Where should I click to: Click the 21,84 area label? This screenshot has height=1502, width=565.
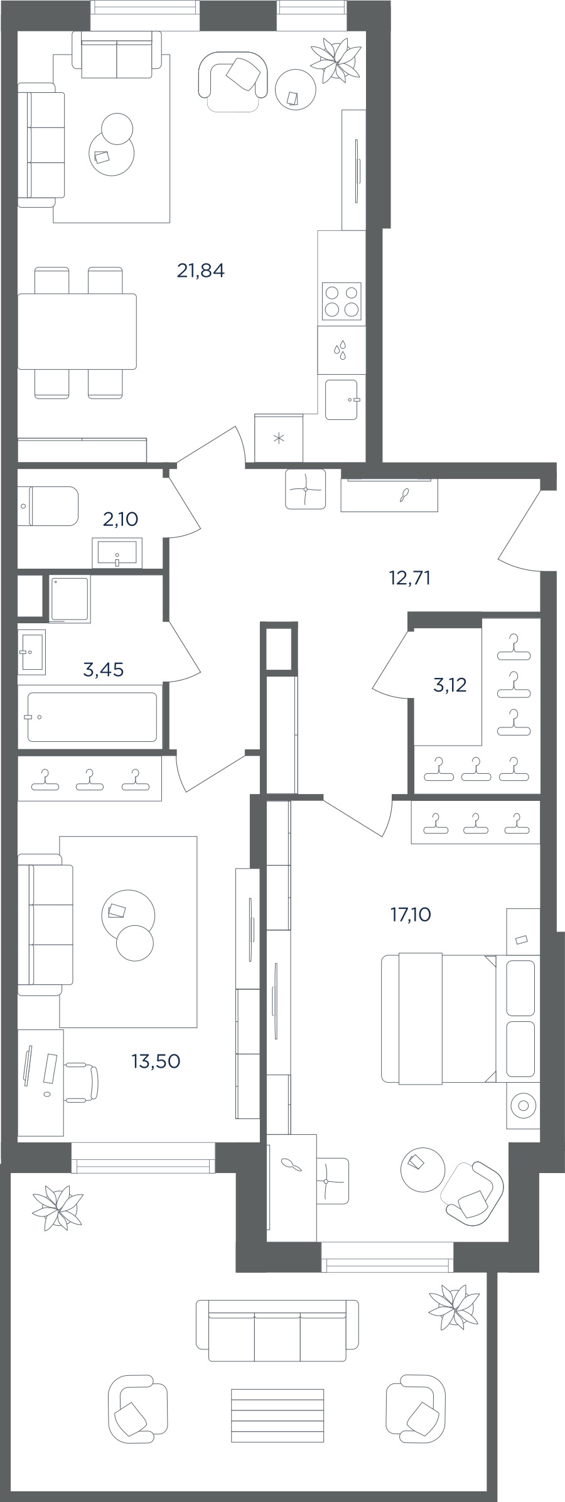point(201,271)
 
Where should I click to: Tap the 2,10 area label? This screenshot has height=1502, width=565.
point(121,519)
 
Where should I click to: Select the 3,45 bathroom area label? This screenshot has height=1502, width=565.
point(104,670)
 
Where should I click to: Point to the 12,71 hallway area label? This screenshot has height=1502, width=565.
point(410,577)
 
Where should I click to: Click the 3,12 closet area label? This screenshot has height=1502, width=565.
point(450,685)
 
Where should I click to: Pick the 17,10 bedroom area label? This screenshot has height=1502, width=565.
point(411,915)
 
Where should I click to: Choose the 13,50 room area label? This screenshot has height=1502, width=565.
point(156,1061)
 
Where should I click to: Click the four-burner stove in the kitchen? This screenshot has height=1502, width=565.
point(342,301)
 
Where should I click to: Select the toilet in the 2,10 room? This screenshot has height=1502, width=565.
point(48,506)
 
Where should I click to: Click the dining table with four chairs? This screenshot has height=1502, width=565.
point(77,331)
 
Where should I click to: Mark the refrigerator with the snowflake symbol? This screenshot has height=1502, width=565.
point(279,437)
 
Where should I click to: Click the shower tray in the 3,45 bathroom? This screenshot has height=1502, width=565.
point(70,599)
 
